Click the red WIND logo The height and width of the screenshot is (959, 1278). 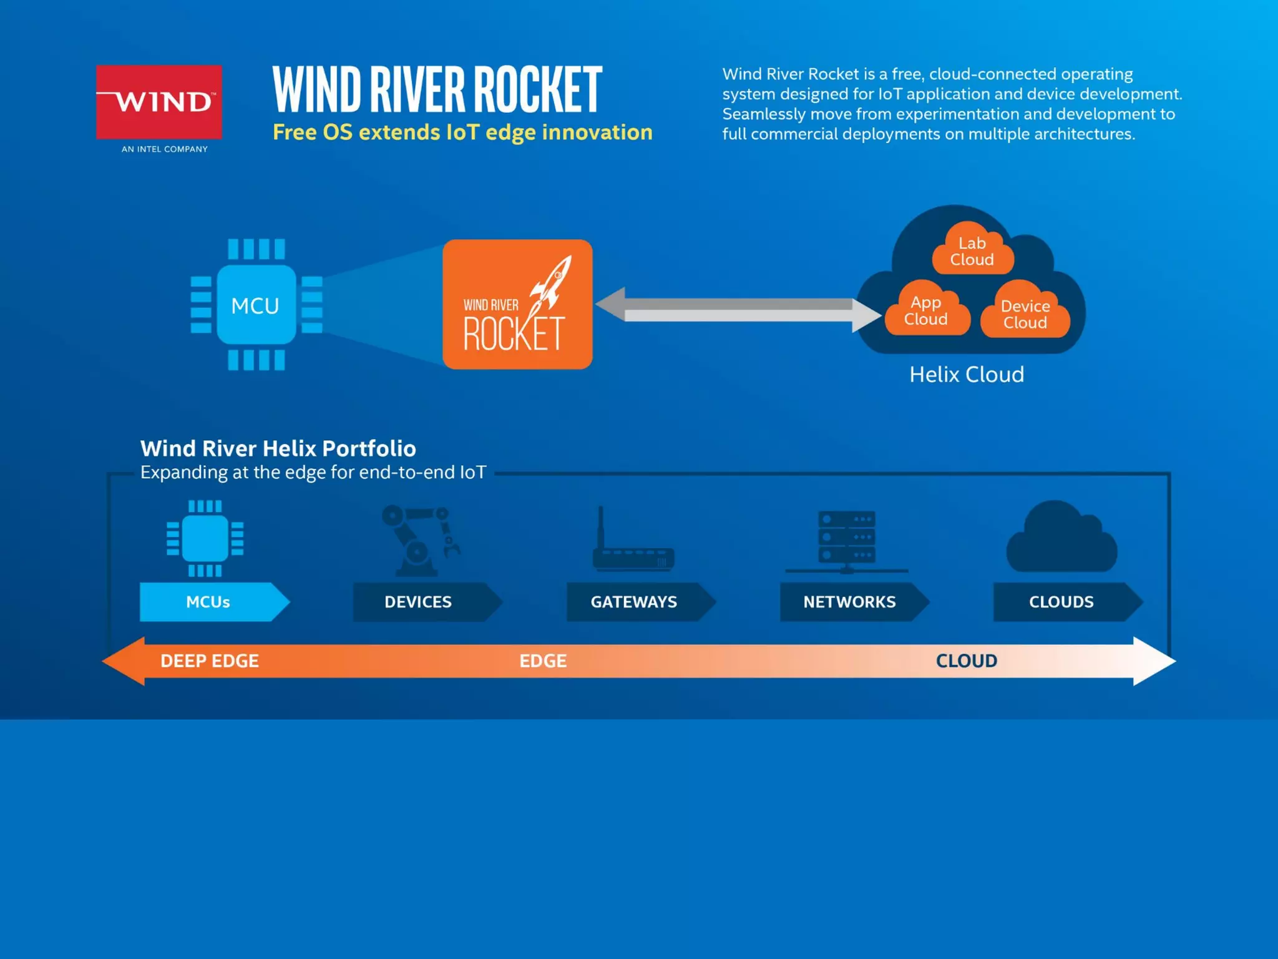[159, 102]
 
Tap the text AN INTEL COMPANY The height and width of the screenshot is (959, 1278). [165, 149]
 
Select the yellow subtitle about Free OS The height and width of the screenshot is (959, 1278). [462, 132]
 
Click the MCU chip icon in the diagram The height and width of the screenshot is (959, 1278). [256, 305]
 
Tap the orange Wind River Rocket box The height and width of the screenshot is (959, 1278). [517, 304]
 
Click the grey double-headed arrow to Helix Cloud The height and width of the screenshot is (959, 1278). [738, 309]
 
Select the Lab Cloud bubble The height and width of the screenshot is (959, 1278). [972, 251]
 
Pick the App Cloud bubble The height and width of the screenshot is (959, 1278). [926, 311]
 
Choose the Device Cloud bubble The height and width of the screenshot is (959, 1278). [1025, 314]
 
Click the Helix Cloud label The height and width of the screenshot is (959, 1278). [967, 375]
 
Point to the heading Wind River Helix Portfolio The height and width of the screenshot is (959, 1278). [278, 448]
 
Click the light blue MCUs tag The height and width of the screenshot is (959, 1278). [209, 602]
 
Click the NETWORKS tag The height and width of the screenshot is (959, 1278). [849, 602]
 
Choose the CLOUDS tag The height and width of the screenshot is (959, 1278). [1061, 602]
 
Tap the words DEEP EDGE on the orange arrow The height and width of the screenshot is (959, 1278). [210, 661]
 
